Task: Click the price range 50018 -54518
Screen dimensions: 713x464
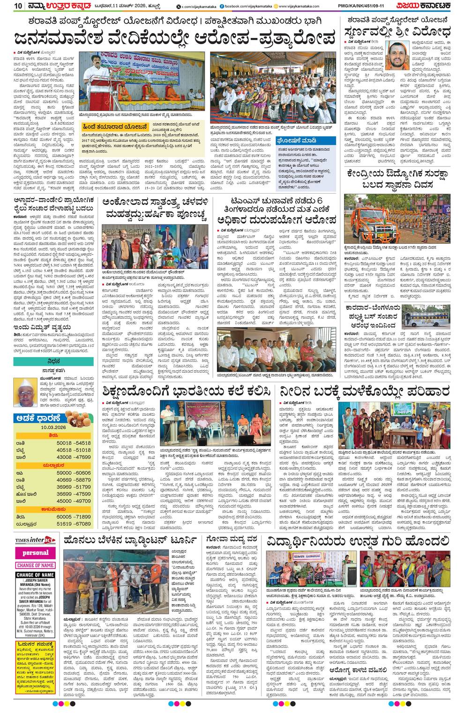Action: click(x=73, y=443)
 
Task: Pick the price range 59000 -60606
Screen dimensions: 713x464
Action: click(x=73, y=473)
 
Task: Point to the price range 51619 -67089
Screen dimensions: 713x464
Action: click(x=73, y=524)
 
